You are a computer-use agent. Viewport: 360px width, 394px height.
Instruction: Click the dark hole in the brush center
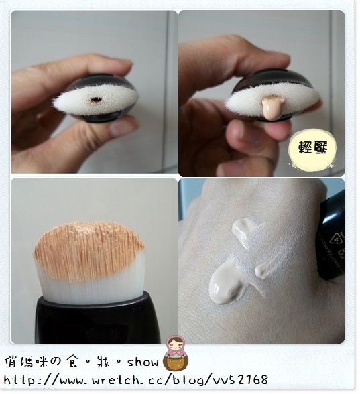coord(95,100)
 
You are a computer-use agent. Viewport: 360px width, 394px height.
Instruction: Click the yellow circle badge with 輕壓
coord(312,147)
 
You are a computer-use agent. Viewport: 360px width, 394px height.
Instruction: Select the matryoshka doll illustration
coord(176,352)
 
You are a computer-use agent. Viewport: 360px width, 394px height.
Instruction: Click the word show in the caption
coord(143,362)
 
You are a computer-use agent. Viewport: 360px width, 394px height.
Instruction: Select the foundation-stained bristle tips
coord(88,249)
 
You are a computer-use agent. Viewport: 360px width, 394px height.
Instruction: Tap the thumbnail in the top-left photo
coord(123,127)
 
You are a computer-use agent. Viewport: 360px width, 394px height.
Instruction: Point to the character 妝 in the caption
coord(103,361)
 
